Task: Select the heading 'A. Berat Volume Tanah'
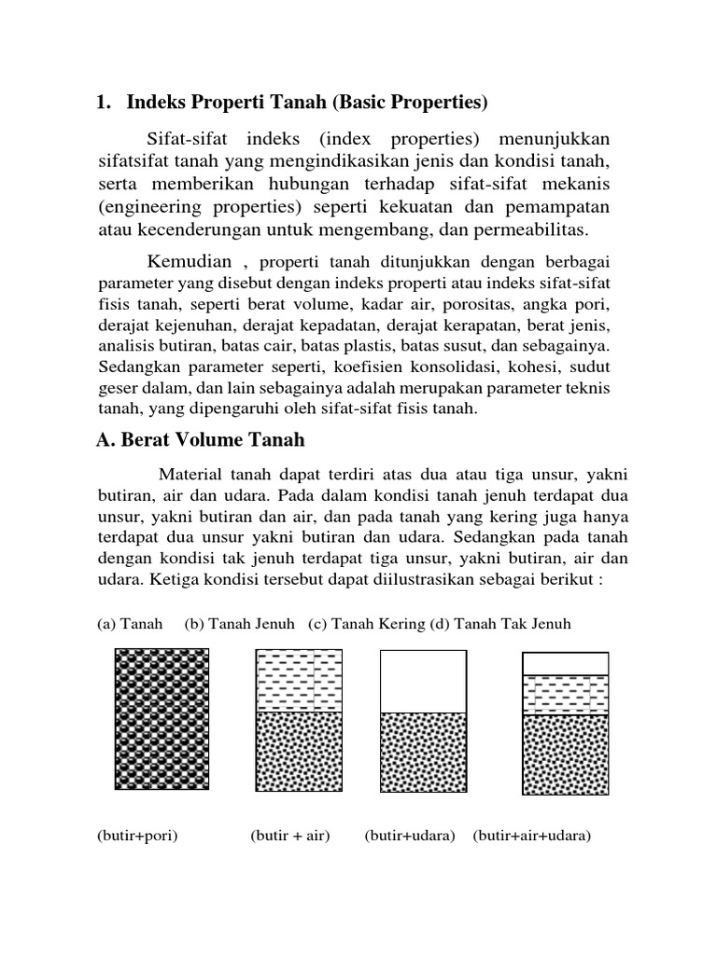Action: click(201, 439)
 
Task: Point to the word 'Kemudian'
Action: click(190, 261)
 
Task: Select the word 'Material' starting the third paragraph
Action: click(190, 475)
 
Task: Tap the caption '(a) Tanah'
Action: click(130, 623)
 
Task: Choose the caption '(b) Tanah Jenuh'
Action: click(239, 623)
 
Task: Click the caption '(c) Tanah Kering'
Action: click(365, 623)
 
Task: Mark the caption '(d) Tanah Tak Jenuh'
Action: click(500, 623)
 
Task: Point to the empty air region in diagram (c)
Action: click(422, 682)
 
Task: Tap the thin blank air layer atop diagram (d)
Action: click(564, 663)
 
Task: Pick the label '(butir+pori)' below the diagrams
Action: click(136, 836)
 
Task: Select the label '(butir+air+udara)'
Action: click(532, 836)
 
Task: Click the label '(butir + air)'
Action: click(290, 836)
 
